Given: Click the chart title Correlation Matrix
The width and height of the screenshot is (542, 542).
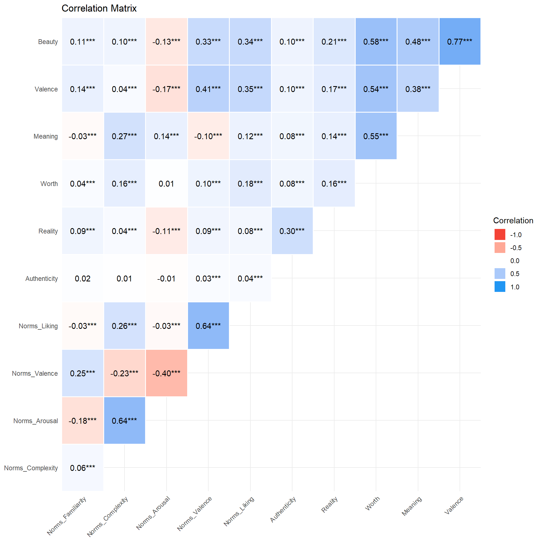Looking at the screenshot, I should (x=99, y=8).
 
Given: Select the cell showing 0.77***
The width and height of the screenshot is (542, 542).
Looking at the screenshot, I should (x=460, y=41).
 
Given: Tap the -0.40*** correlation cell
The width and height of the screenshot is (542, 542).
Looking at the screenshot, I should (x=166, y=373).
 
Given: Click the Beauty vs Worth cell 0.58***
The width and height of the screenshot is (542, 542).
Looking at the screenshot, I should (x=376, y=41).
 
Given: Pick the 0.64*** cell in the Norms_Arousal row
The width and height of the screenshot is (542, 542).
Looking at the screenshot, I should (x=124, y=421).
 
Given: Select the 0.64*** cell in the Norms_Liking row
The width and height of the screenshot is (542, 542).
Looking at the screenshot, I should (x=208, y=326).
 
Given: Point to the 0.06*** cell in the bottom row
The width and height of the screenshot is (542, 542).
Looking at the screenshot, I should (x=83, y=468).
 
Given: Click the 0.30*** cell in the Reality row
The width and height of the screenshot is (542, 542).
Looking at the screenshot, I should (x=292, y=231).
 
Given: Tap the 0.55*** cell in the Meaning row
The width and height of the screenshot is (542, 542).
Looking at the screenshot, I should (x=376, y=136).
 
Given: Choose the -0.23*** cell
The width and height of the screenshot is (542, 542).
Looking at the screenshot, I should (x=124, y=373).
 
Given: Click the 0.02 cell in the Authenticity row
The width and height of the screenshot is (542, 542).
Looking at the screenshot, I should (x=83, y=278).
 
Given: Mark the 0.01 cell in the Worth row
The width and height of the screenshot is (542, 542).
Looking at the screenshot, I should (x=166, y=183).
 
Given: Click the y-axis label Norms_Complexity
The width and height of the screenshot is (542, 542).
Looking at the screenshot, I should (x=31, y=468).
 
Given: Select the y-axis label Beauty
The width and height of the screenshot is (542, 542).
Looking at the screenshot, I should (x=48, y=42).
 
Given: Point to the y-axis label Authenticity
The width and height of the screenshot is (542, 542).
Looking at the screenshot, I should (x=41, y=279).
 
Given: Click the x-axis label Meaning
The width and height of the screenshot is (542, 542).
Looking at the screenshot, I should (x=412, y=506).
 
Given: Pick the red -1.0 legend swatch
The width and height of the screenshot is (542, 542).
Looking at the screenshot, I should (x=500, y=234).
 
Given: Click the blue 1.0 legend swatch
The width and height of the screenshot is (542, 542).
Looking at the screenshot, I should (x=500, y=287).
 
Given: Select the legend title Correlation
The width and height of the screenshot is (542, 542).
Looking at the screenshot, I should (x=513, y=220).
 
